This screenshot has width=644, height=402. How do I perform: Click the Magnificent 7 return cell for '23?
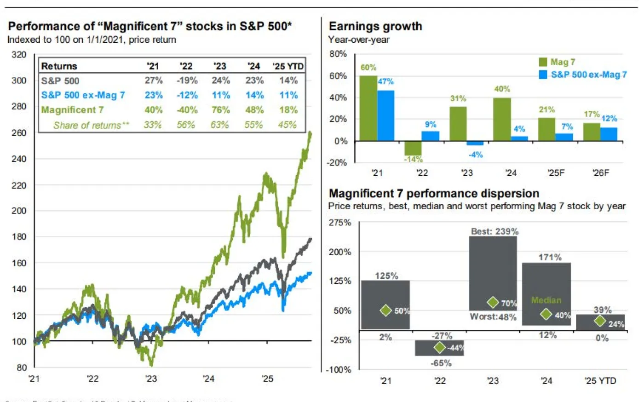pos(221,110)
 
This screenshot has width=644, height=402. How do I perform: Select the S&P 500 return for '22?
pos(187,80)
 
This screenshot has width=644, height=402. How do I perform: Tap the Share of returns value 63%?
pos(220,125)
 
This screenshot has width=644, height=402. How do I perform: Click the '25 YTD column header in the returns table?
pos(288,66)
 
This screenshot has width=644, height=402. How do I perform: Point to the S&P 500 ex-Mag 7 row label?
pos(83,95)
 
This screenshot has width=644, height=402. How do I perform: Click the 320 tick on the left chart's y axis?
pos(19,55)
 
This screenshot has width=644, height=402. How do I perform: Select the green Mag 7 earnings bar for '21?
pos(368,108)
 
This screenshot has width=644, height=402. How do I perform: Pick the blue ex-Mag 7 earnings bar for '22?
pos(430,136)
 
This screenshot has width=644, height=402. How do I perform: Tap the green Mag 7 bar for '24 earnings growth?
pos(502,119)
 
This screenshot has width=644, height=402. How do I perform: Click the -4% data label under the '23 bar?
pos(476,155)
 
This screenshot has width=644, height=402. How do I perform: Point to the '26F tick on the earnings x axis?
pos(601,173)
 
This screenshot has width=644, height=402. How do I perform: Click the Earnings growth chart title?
pos(375,26)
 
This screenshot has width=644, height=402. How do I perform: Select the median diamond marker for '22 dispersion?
pos(440,347)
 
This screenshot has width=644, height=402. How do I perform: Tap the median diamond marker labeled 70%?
pos(493,302)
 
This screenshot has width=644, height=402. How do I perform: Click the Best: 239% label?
pos(494,231)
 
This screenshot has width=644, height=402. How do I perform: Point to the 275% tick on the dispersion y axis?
pos(340,223)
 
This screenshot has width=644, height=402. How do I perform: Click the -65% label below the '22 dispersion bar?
pos(441,363)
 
